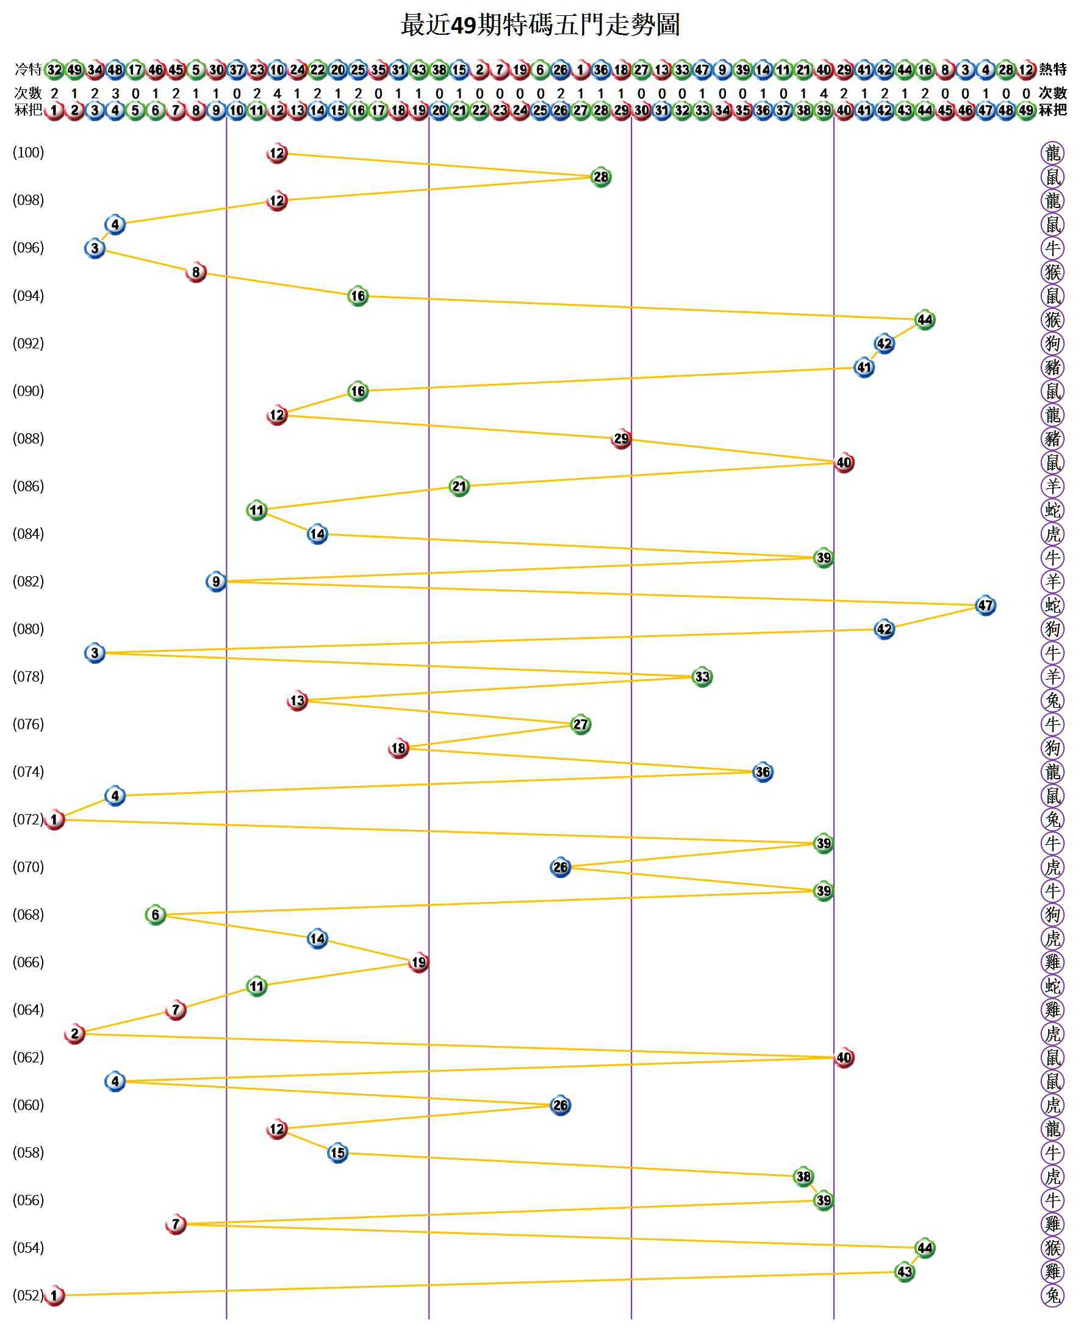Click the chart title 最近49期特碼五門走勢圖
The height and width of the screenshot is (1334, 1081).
(540, 26)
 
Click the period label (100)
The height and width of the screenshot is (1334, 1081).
(28, 153)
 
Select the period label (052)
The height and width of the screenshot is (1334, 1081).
(28, 1296)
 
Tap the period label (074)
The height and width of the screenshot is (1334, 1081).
(28, 772)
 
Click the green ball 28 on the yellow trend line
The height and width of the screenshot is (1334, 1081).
(600, 177)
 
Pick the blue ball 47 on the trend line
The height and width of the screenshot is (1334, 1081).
(985, 605)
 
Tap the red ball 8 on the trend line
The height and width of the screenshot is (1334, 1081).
(196, 272)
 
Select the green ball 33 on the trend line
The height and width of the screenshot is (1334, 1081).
(702, 677)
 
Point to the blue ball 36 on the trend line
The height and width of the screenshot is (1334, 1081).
(762, 772)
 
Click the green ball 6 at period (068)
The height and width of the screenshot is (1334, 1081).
(156, 915)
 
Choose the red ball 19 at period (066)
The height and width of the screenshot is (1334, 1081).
(418, 963)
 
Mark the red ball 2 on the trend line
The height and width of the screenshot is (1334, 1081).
(74, 1034)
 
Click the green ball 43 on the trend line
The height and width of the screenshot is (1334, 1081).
(904, 1272)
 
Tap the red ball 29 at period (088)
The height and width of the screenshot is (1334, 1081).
(621, 439)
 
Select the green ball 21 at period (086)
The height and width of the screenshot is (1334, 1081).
(459, 486)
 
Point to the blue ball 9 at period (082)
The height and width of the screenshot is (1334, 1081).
(216, 582)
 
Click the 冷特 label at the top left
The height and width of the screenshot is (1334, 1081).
(28, 69)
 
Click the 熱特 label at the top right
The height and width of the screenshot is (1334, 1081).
(1052, 69)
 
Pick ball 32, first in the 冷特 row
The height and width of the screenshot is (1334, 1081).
(55, 69)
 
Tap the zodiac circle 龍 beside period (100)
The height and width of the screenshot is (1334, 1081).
(1052, 153)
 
